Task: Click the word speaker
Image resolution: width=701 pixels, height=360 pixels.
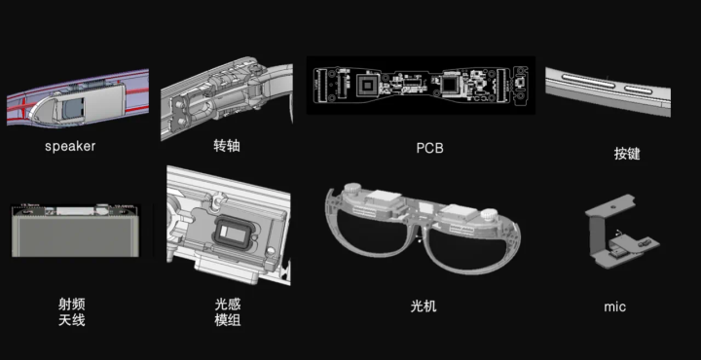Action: tap(70, 146)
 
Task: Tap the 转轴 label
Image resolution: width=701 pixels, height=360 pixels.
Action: tap(227, 146)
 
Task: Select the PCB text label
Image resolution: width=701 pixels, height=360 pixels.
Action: tap(429, 148)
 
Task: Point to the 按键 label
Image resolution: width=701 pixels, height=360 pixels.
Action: tap(627, 154)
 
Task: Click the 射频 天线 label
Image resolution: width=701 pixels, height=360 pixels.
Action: tap(71, 312)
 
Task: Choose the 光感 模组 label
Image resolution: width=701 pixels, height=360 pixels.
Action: tap(228, 312)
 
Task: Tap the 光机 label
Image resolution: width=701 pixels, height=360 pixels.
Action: tap(424, 306)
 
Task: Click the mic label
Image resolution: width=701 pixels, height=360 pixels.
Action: tap(614, 306)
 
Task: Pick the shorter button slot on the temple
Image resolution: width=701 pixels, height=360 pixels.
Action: tap(639, 90)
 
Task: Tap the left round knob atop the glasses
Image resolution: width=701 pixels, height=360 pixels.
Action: tap(355, 189)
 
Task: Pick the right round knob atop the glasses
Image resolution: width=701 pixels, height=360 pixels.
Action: tap(488, 214)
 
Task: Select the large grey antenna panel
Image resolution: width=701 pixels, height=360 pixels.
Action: tap(75, 236)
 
